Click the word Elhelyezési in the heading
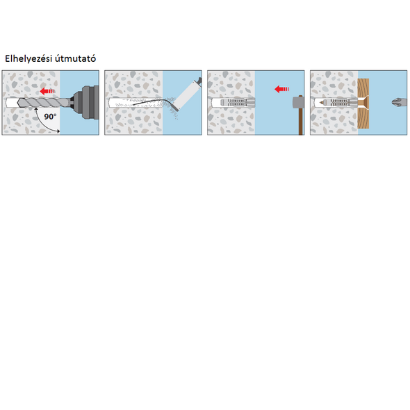(x=28, y=58)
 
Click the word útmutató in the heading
(x=75, y=58)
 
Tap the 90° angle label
(x=50, y=117)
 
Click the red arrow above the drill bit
(x=47, y=91)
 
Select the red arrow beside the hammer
(x=282, y=89)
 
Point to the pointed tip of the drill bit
(x=18, y=103)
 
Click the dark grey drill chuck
(x=85, y=102)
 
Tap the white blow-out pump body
(x=186, y=95)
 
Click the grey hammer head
(x=298, y=102)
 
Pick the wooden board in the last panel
(x=363, y=104)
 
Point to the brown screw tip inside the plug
(x=321, y=103)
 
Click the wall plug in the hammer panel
(x=238, y=103)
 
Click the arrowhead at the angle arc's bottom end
(x=58, y=131)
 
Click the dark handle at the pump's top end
(x=199, y=80)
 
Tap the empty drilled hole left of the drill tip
(x=12, y=103)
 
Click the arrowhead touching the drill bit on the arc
(x=36, y=108)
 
